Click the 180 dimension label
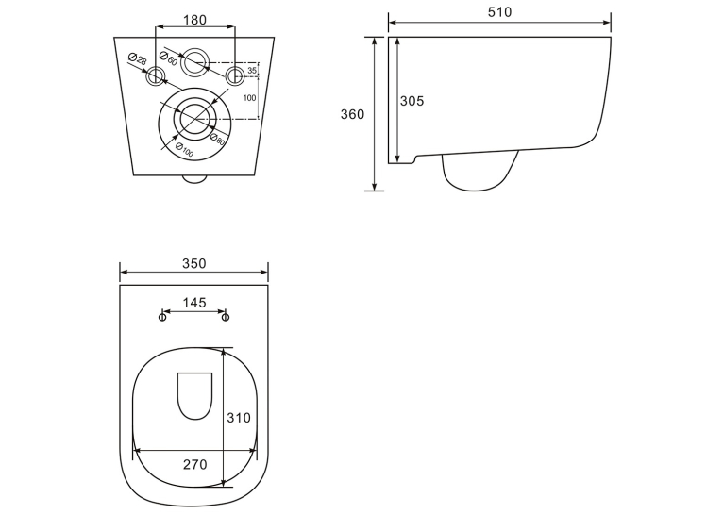[x=195, y=20]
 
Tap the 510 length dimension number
[x=500, y=12]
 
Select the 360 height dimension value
[x=352, y=114]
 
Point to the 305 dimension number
[x=412, y=101]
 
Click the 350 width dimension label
[x=194, y=263]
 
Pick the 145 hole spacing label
[x=194, y=303]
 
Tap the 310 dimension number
[x=239, y=418]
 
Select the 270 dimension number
[x=195, y=465]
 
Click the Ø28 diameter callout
[x=138, y=59]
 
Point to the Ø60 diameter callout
[x=168, y=58]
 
